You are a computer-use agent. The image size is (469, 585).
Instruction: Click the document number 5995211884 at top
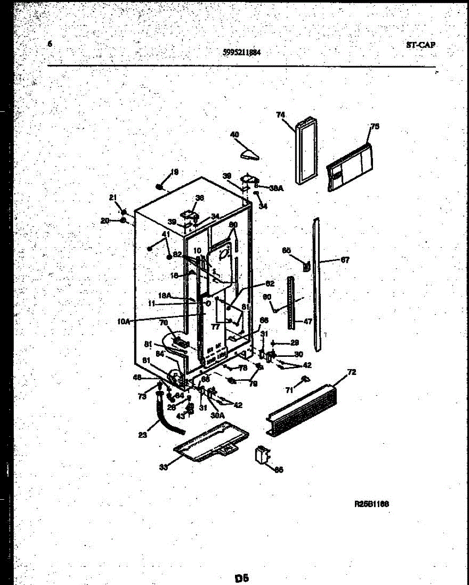point(241,54)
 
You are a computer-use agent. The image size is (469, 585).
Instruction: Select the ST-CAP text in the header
point(420,45)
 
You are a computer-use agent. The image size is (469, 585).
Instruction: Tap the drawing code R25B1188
point(371,505)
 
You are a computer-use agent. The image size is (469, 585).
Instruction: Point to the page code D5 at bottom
point(242,578)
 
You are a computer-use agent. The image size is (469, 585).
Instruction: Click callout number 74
point(280,115)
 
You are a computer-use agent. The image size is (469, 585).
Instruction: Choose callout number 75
point(374,127)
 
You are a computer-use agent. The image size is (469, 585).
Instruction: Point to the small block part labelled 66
point(262,456)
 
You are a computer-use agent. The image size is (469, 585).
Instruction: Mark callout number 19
point(174,172)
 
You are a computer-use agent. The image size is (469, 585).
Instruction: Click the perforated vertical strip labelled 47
point(291,302)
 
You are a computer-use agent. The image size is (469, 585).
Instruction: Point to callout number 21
point(113,197)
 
